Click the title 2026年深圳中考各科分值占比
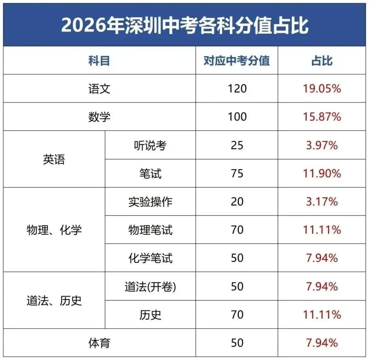pos(184,26)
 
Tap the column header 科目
pos(99,61)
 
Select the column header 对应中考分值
pos(236,61)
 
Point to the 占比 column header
pos(322,61)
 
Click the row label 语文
pos(99,89)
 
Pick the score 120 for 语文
pos(237,89)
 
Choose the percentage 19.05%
pos(322,89)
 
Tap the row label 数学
pos(99,117)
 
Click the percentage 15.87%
pos(322,117)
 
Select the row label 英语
pos(54,160)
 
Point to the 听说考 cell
pos(150,145)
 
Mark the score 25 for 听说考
pos(237,145)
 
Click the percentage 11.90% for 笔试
pos(322,174)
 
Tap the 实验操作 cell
pos(150,202)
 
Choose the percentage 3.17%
pos(322,202)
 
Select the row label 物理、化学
pos(54,230)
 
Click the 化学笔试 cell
pos(150,258)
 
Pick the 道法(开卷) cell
pos(150,286)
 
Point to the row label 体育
pos(99,343)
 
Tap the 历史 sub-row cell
pos(150,315)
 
